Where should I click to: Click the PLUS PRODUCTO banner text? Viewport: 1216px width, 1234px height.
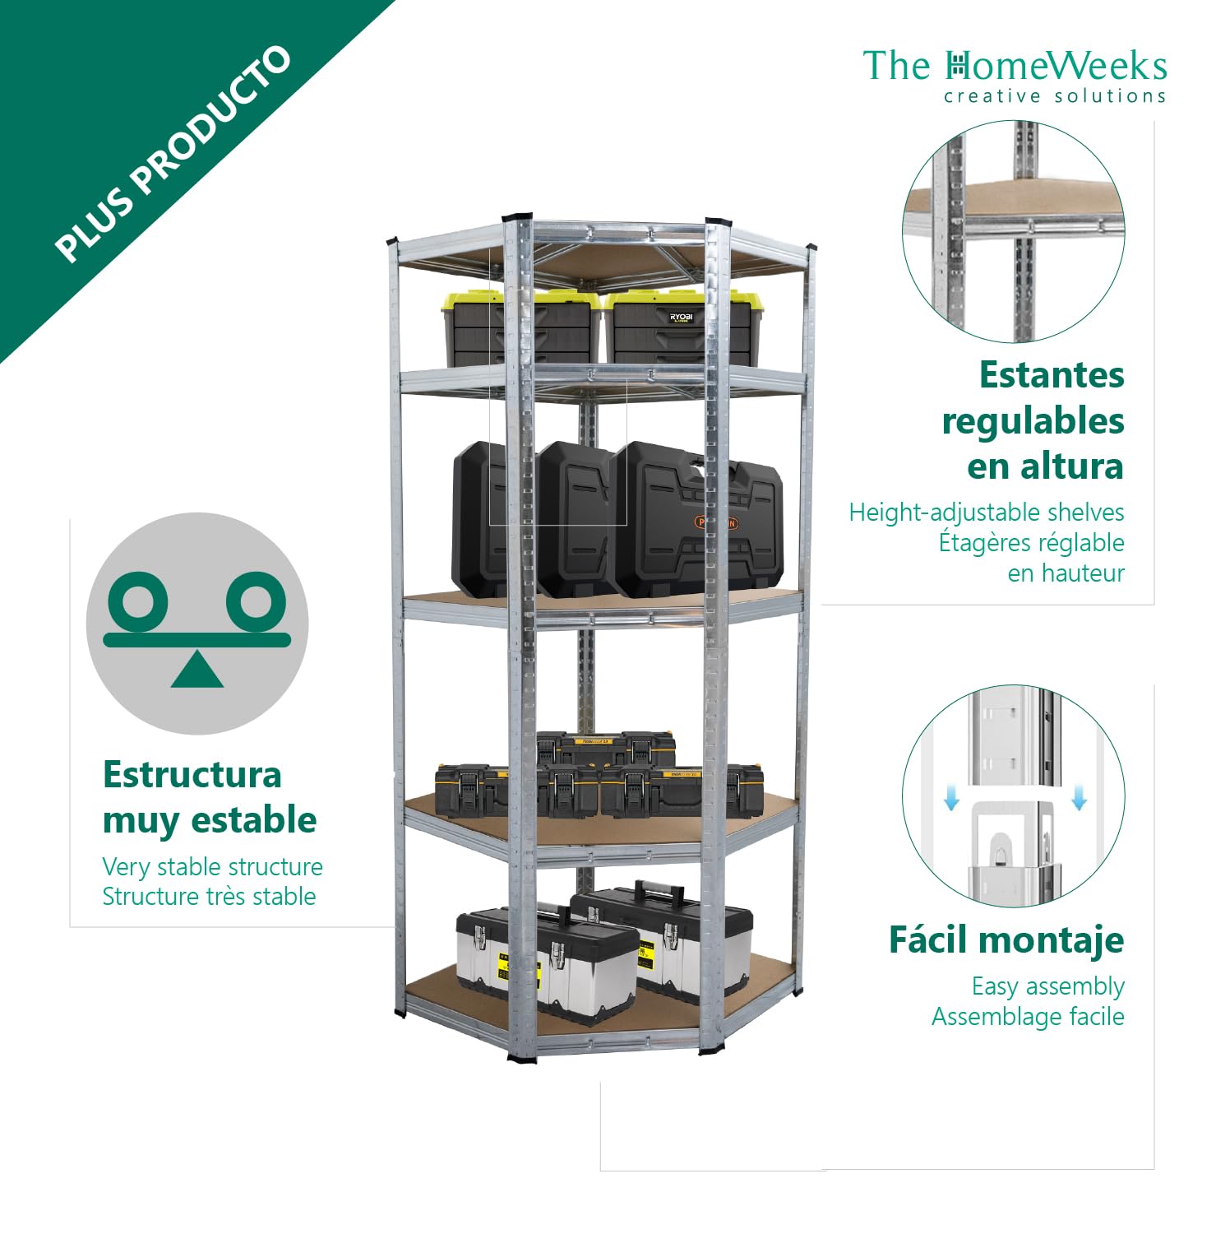point(173,153)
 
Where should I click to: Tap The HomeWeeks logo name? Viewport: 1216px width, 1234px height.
point(1015,66)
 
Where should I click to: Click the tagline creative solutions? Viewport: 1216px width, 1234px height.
point(1055,96)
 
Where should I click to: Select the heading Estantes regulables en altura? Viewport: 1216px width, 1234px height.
point(1033,420)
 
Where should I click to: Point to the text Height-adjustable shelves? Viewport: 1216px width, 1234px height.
point(987,513)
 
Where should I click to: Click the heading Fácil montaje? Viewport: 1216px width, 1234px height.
point(1006,939)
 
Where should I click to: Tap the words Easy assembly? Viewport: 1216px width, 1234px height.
point(1048,986)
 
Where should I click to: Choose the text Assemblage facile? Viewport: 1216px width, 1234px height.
point(1028,1017)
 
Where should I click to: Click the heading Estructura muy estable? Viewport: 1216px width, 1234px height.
point(210,798)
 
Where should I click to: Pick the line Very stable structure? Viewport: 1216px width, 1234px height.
point(212,866)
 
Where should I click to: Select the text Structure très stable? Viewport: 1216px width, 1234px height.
point(209,896)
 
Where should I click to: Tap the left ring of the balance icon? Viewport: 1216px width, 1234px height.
point(138,602)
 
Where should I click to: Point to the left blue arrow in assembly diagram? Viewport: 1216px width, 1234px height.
point(951,797)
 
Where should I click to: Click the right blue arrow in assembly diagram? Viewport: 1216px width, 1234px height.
point(1080,797)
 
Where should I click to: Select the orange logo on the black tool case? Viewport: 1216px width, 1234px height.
point(717,522)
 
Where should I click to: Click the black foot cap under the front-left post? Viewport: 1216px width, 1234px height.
point(521,1058)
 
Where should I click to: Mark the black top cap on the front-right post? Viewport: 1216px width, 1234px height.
point(718,223)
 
